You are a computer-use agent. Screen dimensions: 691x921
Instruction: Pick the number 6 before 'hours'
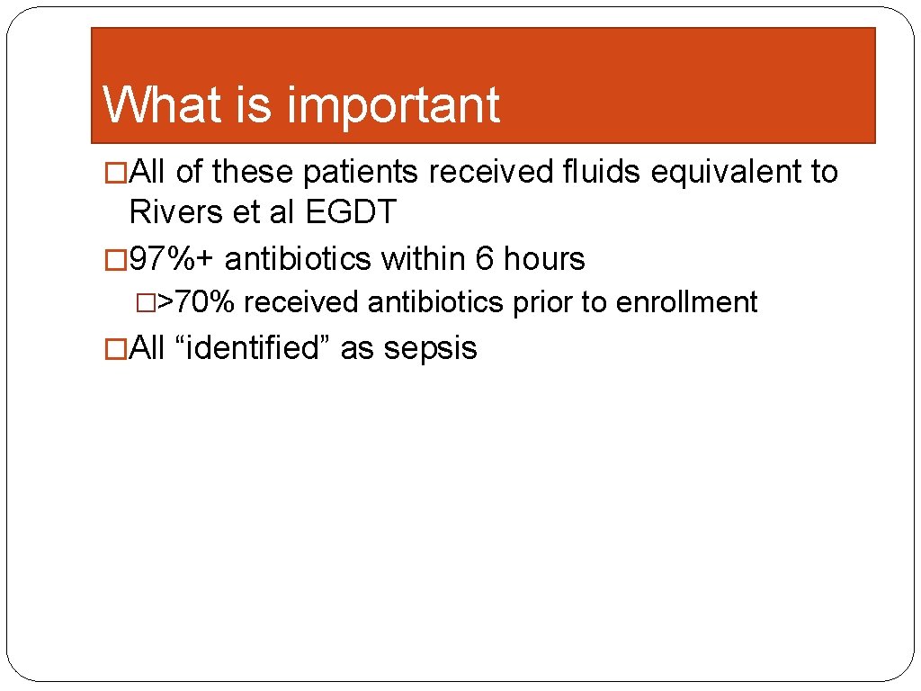click(x=485, y=259)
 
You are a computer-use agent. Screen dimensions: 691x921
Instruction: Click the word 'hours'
click(x=544, y=259)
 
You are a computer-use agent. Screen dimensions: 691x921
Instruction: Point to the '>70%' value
click(x=197, y=302)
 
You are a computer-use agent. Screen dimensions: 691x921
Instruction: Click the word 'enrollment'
click(x=687, y=302)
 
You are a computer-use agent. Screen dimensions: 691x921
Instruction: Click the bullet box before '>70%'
click(x=146, y=303)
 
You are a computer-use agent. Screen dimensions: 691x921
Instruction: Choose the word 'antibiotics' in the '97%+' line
click(x=297, y=259)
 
